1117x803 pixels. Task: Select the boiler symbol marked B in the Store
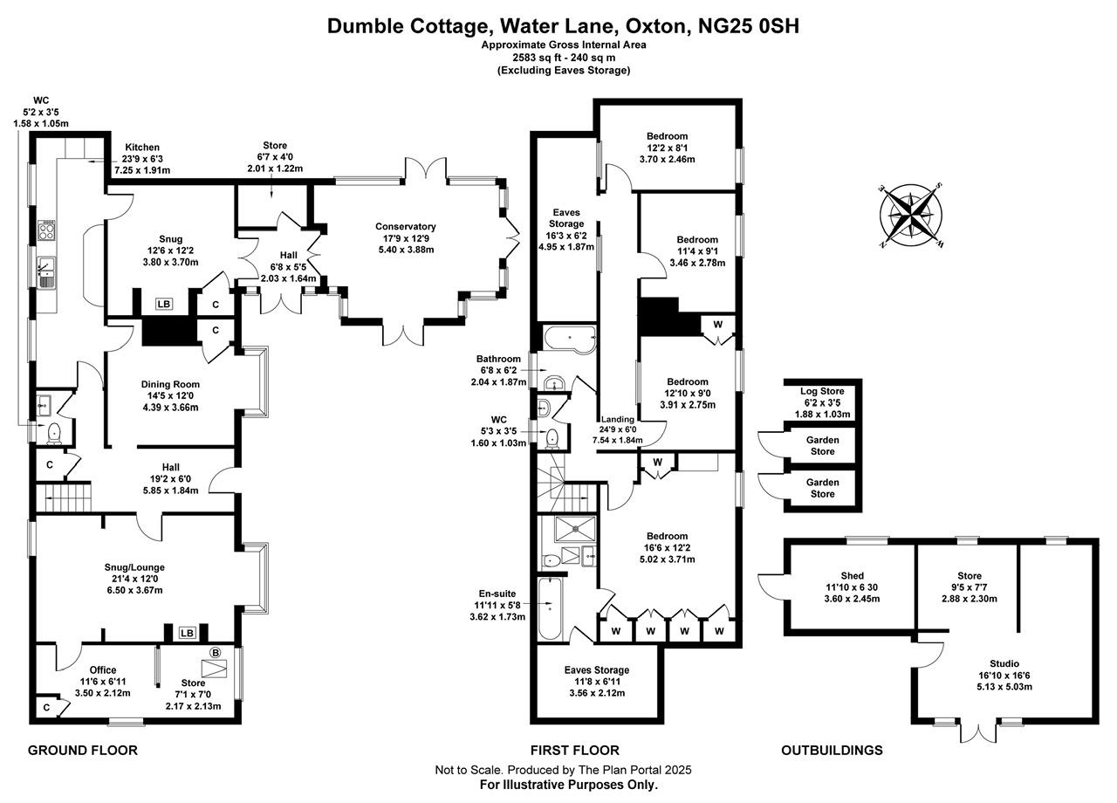click(216, 652)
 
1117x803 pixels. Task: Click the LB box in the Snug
click(163, 305)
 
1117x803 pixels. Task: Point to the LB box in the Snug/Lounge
click(187, 633)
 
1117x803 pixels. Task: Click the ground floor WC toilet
click(53, 431)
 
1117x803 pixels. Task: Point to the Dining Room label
click(170, 384)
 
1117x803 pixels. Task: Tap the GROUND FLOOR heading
click(83, 750)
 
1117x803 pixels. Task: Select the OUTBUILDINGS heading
click(832, 750)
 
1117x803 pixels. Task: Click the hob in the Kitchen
click(47, 231)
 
